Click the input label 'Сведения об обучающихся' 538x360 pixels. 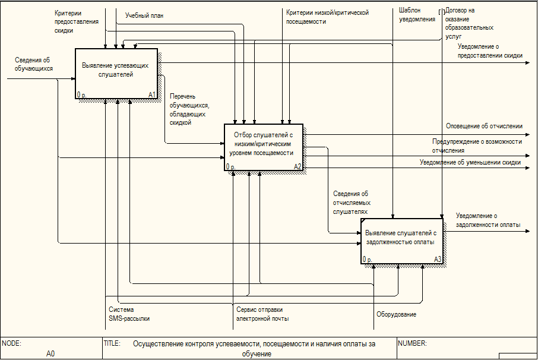(33, 64)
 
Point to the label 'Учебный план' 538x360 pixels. (144, 15)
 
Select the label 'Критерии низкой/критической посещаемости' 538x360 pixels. (327, 17)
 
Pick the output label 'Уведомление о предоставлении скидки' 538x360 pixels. (490, 50)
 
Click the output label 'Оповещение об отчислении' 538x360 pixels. (484, 126)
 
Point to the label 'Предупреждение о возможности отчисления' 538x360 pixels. (477, 146)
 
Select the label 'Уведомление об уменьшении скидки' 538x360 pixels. (470, 162)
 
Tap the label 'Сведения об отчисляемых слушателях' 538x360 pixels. (350, 202)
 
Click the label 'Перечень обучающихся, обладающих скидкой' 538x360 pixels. (188, 109)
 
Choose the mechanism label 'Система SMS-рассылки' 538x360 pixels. (129, 314)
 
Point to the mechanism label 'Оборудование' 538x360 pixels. (396, 314)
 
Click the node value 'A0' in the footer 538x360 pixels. (50, 353)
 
